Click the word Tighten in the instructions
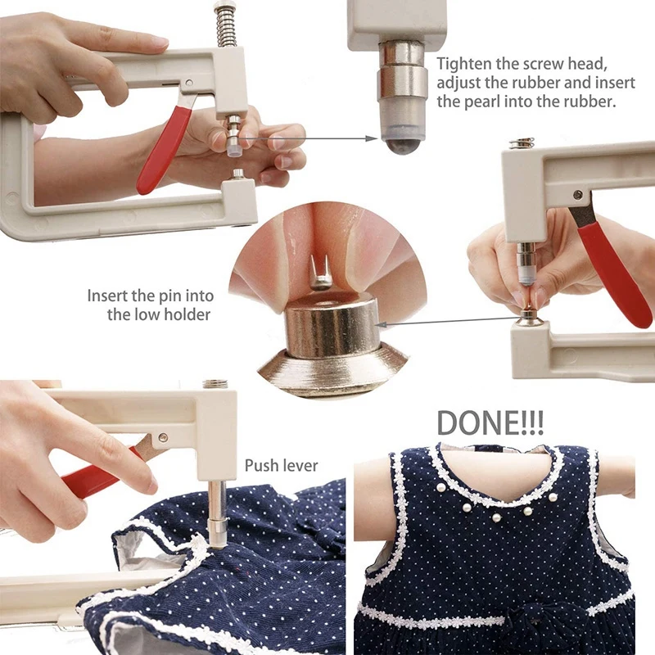[463, 64]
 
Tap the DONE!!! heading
[490, 421]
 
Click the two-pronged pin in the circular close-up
[320, 271]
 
